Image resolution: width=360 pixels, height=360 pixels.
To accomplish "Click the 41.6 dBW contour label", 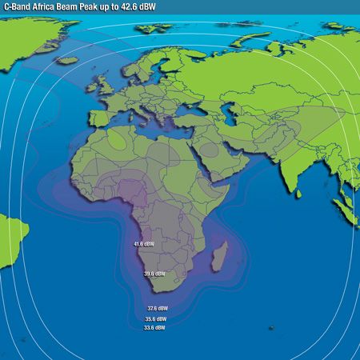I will tap(144, 243).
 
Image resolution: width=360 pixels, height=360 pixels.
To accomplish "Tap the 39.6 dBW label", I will tap(154, 274).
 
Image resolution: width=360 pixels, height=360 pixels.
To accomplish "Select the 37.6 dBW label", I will tap(157, 308).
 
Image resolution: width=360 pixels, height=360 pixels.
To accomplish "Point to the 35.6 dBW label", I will tap(155, 318).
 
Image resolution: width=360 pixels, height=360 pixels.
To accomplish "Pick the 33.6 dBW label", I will tap(154, 327).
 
